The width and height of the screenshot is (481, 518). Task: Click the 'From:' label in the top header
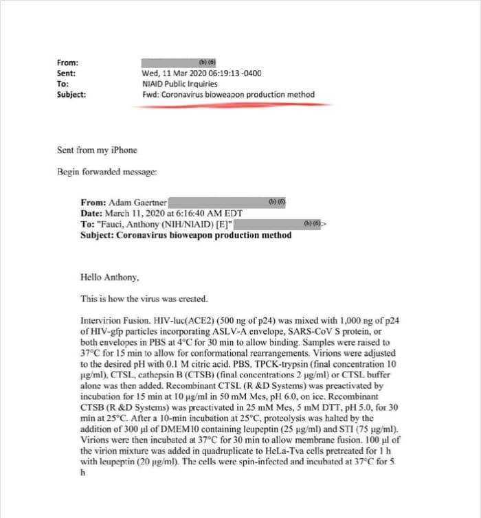click(67, 63)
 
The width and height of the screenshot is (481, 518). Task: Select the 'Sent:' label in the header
click(66, 74)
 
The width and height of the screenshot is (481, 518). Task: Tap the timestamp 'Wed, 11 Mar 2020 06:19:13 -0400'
click(201, 74)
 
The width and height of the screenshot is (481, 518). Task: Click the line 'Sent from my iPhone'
click(97, 150)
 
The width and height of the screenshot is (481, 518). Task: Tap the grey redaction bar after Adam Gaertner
click(227, 203)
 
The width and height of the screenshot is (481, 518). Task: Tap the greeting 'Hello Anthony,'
click(110, 278)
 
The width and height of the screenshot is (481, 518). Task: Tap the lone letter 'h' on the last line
click(82, 473)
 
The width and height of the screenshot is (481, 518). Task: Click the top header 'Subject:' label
click(71, 95)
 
